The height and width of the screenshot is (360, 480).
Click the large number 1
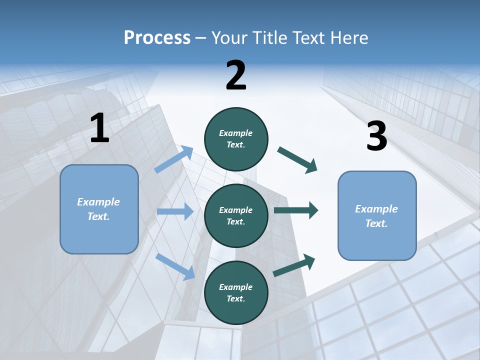[99, 128]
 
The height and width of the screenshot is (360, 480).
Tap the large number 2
[236, 76]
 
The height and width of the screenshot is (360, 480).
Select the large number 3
[376, 136]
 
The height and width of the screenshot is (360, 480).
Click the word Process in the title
[157, 37]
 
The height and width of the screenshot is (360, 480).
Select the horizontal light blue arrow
[175, 211]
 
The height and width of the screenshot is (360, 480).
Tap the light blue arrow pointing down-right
[175, 266]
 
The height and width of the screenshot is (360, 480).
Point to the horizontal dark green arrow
[296, 210]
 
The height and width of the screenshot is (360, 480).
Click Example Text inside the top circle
[236, 138]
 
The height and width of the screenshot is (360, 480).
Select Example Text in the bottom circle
[236, 292]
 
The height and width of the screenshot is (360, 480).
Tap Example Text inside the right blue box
[376, 216]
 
